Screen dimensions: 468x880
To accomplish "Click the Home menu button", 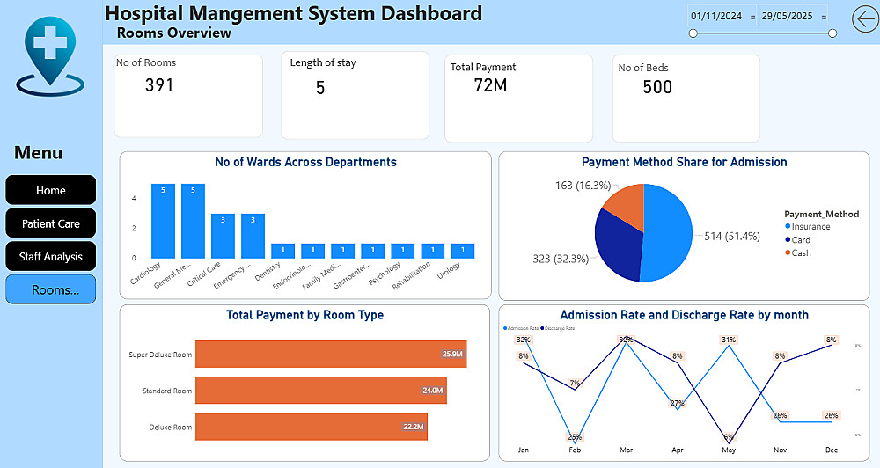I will coord(51,190).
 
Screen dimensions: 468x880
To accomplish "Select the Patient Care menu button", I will coord(51,223).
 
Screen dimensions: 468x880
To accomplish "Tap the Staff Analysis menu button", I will coord(51,257).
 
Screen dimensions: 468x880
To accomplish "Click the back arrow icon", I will coord(865,18).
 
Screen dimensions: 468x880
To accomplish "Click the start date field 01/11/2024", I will coord(717,16).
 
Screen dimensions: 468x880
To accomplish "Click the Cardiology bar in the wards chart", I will coord(163,221).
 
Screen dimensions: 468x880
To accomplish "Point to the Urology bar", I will coord(462,251).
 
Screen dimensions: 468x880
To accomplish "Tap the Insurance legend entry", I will coord(810,226).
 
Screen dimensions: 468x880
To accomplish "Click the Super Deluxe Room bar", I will coord(330,354).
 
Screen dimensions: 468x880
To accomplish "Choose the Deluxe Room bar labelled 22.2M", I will coord(311,427).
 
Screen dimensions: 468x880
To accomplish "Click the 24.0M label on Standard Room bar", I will coord(432,391).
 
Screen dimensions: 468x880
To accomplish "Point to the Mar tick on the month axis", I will coord(626,450).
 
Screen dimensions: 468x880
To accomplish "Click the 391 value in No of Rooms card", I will coord(159,85).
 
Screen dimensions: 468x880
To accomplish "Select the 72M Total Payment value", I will coord(490,85).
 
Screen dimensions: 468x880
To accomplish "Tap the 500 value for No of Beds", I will coord(657,87).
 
